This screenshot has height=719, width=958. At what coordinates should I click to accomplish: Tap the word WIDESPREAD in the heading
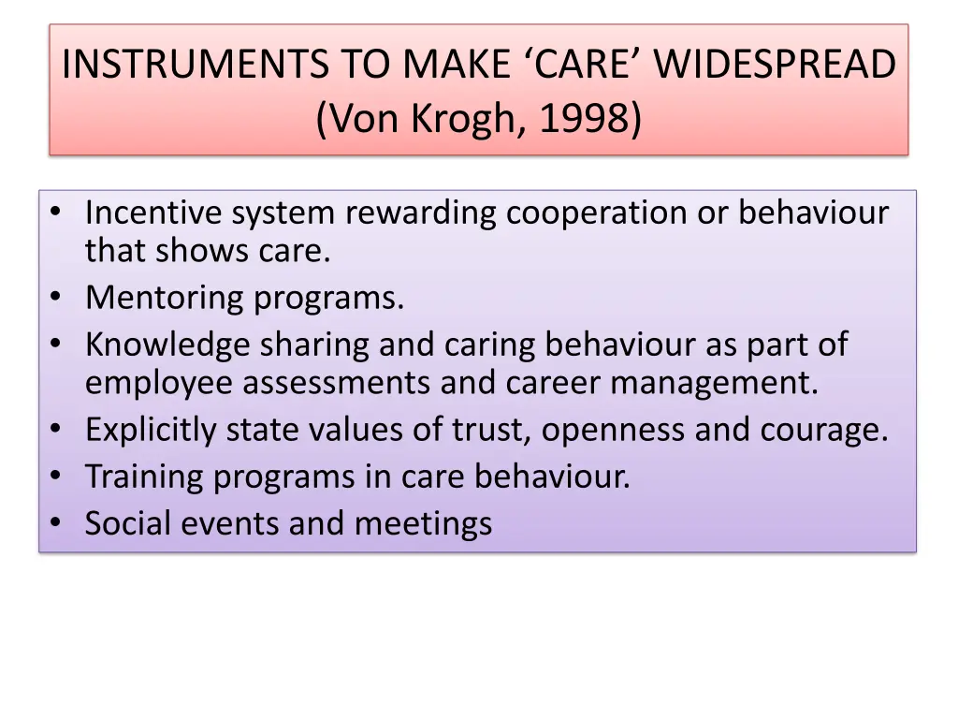click(775, 66)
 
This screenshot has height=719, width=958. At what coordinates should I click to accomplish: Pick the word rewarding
click(423, 213)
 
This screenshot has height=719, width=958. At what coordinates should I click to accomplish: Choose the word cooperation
click(597, 213)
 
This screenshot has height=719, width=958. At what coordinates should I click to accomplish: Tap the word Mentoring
click(166, 298)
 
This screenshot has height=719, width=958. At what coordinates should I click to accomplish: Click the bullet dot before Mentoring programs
click(57, 298)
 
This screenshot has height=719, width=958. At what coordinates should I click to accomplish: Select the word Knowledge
click(167, 345)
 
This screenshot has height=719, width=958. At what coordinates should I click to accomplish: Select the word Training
click(144, 477)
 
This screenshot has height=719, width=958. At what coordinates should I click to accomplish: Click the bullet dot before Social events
click(57, 523)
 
